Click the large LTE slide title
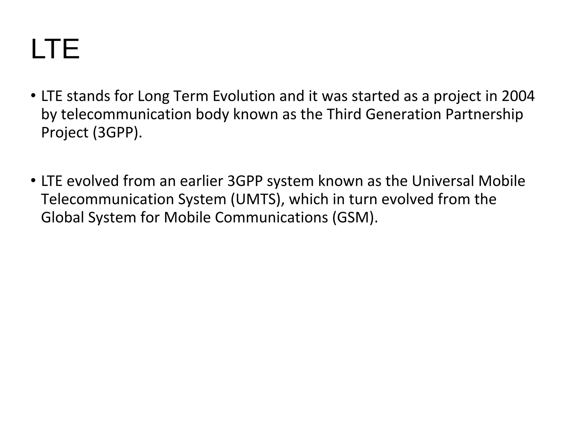55,49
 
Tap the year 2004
518,96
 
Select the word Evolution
244,96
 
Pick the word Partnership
484,115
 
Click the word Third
344,115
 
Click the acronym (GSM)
355,218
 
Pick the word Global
62,218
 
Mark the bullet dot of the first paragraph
33,96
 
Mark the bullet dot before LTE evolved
33,181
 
